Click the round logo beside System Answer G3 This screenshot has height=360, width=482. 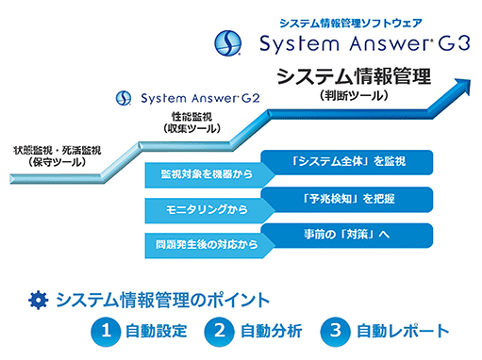pos(228,43)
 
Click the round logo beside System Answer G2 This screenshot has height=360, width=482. pos(124,98)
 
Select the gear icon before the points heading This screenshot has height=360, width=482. pos(39,300)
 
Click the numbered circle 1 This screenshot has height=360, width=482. pos(106,332)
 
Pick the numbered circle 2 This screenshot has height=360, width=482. pos(219,332)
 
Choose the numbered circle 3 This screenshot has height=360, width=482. pos(335,332)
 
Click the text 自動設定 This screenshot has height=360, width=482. pos(157,332)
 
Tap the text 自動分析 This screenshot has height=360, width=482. pos(271,332)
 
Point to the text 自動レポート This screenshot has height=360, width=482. pos(403,332)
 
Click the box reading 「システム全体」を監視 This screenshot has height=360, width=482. pos(347,162)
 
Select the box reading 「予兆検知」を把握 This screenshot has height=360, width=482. pos(347,199)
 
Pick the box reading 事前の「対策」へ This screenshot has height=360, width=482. pos(347,236)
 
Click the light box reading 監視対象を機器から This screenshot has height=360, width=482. pos(206,175)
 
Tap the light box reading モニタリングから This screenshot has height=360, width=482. pos(206,210)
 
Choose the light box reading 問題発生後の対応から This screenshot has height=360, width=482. pos(206,245)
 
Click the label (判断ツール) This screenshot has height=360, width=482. pos(354,95)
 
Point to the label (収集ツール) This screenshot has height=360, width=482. pos(191,128)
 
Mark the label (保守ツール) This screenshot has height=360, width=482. pos(57,162)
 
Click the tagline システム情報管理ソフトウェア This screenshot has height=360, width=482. pos(351,23)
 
